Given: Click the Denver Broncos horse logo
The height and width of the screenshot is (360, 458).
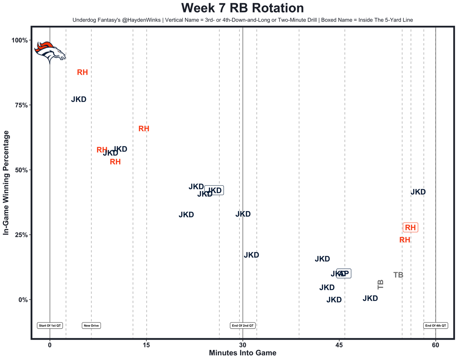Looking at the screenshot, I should [50, 52].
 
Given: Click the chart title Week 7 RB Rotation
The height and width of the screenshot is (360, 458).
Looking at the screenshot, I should [242, 8].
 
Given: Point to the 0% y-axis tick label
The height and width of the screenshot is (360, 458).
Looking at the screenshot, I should [22, 300].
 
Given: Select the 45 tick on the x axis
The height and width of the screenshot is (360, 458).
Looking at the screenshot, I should [339, 345].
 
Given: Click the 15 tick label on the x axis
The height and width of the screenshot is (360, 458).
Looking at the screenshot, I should [146, 345].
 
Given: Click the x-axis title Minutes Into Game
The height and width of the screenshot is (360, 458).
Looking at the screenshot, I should [242, 353].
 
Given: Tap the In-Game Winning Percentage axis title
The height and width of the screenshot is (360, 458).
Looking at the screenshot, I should [6, 183].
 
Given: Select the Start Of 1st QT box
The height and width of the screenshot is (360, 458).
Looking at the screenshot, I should [50, 326].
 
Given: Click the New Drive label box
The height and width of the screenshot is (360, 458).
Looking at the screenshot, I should [91, 326].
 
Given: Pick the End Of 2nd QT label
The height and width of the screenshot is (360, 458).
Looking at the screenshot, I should [243, 326].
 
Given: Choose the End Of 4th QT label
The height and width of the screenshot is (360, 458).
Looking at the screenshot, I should [435, 326].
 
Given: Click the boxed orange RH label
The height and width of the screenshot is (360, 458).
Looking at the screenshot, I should [410, 228].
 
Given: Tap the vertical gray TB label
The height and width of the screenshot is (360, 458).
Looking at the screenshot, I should [380, 284].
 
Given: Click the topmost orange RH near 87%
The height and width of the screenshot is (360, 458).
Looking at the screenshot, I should [82, 73].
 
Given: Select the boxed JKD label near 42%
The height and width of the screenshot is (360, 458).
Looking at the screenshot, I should [214, 191].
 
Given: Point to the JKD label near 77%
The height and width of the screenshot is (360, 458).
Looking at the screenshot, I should [79, 99].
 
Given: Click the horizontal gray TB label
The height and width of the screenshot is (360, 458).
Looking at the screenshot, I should [398, 275].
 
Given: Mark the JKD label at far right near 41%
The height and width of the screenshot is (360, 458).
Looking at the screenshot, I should [418, 192].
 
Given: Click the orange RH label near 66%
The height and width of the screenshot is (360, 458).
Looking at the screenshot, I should [144, 129].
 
